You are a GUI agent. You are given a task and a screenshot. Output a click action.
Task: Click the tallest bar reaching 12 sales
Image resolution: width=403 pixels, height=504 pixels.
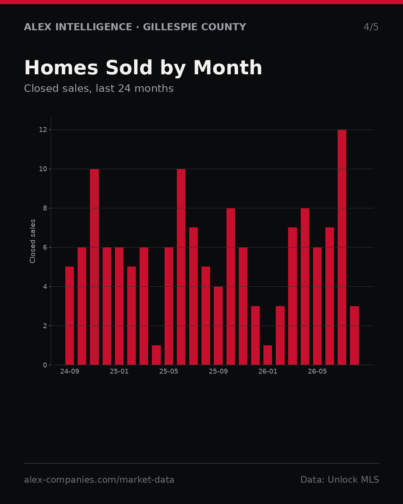coord(342,247)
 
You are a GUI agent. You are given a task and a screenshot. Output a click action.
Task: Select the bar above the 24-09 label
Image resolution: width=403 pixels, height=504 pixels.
coord(69,315)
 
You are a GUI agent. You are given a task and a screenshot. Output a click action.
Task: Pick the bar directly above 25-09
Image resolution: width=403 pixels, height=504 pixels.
coord(218,326)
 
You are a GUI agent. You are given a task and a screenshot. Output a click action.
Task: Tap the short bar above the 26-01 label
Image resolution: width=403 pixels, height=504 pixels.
coord(268,355)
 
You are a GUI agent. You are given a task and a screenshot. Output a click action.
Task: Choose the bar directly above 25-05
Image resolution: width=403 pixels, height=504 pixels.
coord(169,306)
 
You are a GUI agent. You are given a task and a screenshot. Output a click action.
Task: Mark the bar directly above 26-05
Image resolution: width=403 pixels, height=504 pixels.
coord(317,306)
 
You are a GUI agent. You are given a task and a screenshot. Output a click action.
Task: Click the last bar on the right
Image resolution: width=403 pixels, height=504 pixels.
coord(354,335)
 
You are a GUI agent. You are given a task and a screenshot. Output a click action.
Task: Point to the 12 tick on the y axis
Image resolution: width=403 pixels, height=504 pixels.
coord(43,130)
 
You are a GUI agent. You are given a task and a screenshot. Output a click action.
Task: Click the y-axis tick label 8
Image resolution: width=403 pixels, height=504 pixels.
coord(45,208)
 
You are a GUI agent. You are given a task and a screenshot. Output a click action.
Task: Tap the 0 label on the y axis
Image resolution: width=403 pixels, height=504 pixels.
coord(45,365)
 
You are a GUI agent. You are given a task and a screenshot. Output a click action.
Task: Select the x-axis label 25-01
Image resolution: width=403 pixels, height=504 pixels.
coord(119,371)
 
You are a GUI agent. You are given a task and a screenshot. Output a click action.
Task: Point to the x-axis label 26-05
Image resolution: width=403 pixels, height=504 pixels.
coord(317,371)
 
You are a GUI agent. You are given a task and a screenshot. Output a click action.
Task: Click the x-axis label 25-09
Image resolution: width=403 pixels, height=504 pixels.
coord(218,371)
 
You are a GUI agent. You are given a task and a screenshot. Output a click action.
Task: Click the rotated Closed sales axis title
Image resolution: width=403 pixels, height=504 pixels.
coord(32,241)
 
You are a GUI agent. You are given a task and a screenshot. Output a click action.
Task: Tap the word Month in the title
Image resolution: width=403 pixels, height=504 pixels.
coord(228,68)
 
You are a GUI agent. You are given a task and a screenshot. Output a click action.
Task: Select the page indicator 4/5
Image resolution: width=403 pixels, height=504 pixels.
coord(371,27)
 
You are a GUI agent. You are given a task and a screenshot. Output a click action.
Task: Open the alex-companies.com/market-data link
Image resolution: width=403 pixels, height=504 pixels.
coord(99,480)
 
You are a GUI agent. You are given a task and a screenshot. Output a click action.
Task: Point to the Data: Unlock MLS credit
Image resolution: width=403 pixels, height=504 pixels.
coord(340,480)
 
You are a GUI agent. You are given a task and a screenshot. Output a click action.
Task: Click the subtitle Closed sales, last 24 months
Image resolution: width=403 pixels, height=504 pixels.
coord(99,88)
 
